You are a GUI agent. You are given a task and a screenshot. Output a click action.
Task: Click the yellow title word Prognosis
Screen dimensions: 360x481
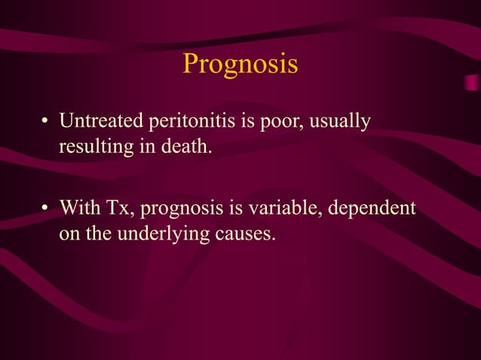tap(240, 65)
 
